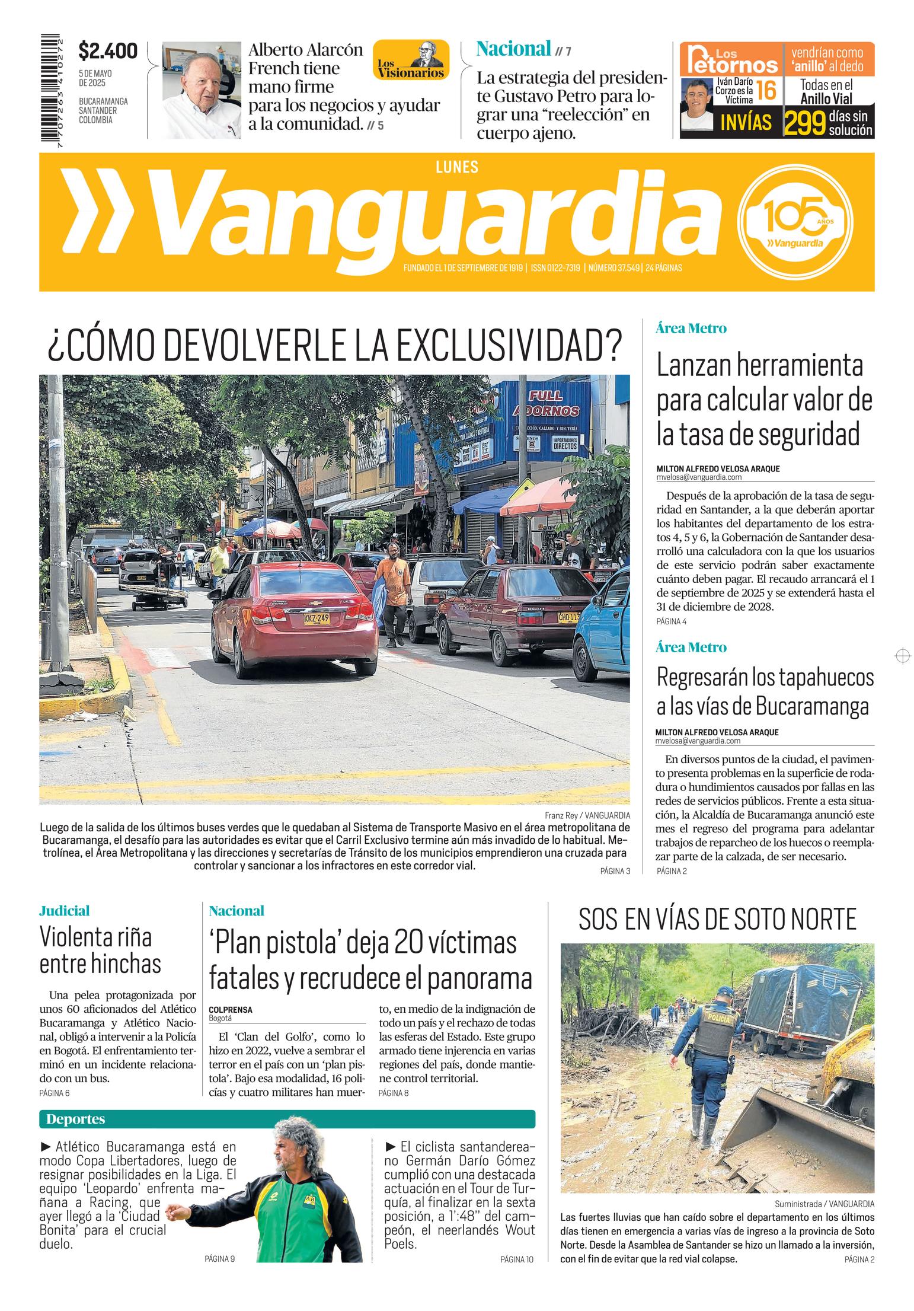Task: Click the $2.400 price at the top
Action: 108,51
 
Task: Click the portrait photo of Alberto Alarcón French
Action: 202,90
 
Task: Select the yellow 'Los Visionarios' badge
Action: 411,60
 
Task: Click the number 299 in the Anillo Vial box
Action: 805,123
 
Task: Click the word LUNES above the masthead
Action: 456,167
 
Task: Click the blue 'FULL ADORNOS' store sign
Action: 554,403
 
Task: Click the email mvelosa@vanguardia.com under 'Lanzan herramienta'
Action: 698,477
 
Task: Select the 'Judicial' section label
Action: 64,910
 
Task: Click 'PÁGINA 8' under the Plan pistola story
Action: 393,1092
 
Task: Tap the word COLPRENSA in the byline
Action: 230,1009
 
